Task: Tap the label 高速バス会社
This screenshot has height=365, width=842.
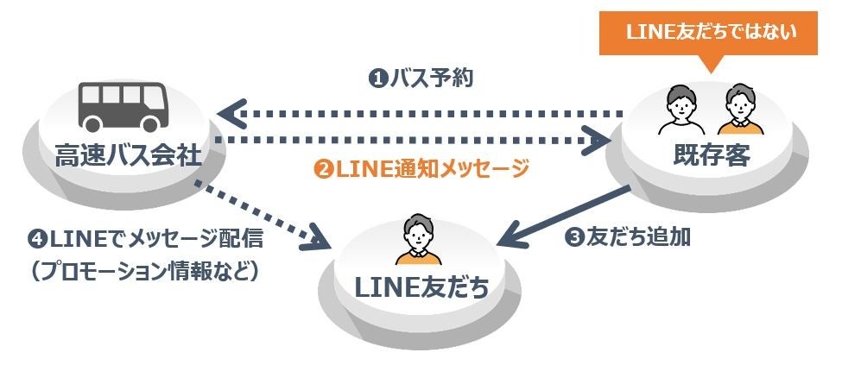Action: (128, 155)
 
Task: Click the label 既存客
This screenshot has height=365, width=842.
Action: (711, 155)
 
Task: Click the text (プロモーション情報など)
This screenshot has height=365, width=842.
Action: (142, 269)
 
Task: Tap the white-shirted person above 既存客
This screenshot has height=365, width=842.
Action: (680, 109)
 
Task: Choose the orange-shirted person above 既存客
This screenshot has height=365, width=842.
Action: (739, 109)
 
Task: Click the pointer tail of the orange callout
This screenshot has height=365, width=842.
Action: (711, 66)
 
